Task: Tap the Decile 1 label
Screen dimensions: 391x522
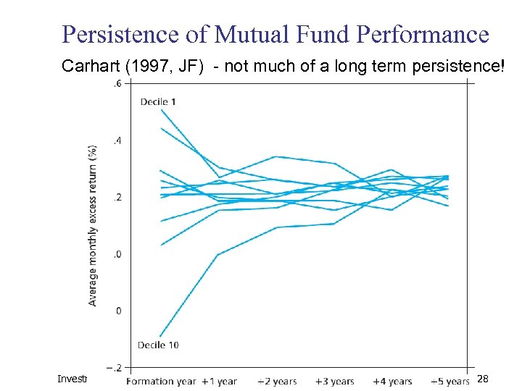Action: click(158, 101)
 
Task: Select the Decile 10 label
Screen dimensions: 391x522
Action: click(158, 345)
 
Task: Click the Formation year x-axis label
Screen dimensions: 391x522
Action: click(161, 381)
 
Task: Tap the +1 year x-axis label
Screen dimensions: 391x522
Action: click(218, 381)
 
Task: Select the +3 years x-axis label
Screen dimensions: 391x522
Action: click(334, 381)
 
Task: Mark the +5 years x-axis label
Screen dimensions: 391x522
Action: click(449, 381)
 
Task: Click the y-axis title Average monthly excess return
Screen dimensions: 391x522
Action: click(93, 225)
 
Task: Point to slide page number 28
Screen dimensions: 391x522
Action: click(484, 379)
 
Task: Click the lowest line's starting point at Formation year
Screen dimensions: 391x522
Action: click(160, 337)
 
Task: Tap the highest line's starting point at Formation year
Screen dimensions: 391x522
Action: click(161, 109)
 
